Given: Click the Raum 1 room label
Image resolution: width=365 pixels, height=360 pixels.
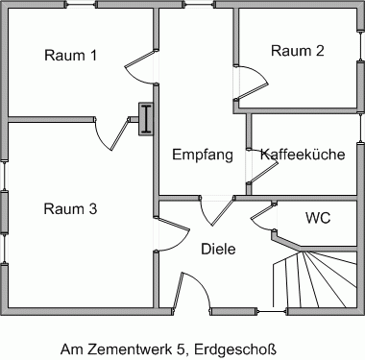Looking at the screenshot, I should pyautogui.click(x=71, y=56).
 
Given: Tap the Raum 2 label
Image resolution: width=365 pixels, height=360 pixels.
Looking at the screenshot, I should pyautogui.click(x=297, y=51).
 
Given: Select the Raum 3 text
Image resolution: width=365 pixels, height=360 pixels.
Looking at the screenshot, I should pyautogui.click(x=71, y=208).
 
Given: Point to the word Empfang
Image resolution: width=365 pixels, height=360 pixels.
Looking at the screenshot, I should pyautogui.click(x=203, y=155).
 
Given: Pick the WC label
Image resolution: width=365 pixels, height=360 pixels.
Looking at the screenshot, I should pyautogui.click(x=318, y=217).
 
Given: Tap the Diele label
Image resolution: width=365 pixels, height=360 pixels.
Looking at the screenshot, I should pyautogui.click(x=218, y=249).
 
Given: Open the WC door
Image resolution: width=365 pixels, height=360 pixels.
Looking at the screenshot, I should pyautogui.click(x=262, y=220).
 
